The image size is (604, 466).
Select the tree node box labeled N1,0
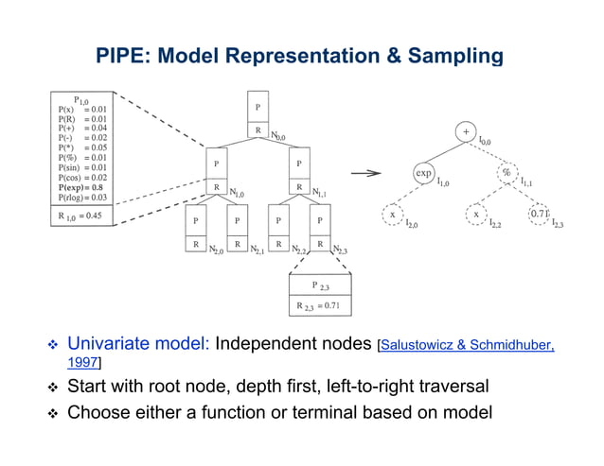click(218, 174)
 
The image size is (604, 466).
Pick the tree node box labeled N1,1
click(299, 174)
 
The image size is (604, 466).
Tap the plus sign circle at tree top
click(466, 130)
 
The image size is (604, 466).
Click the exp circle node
click(425, 174)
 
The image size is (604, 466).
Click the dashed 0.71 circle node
click(540, 214)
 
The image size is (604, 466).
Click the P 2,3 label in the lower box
click(320, 285)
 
